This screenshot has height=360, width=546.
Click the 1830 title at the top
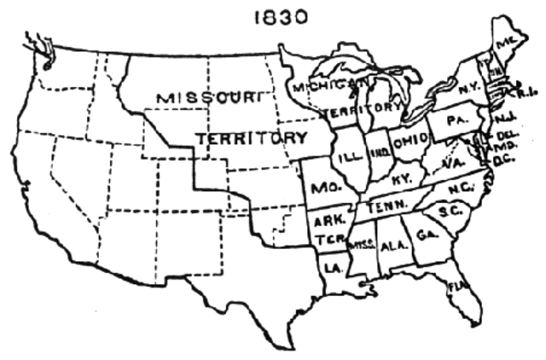[x=281, y=18]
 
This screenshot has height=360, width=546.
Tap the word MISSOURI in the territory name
[x=209, y=98]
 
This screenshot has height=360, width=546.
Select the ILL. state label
[x=351, y=158]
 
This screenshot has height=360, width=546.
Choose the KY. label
[x=402, y=181]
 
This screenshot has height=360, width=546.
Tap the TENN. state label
[x=386, y=206]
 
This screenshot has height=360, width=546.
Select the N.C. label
[x=462, y=189]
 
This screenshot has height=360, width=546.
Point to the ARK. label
[x=328, y=220]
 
